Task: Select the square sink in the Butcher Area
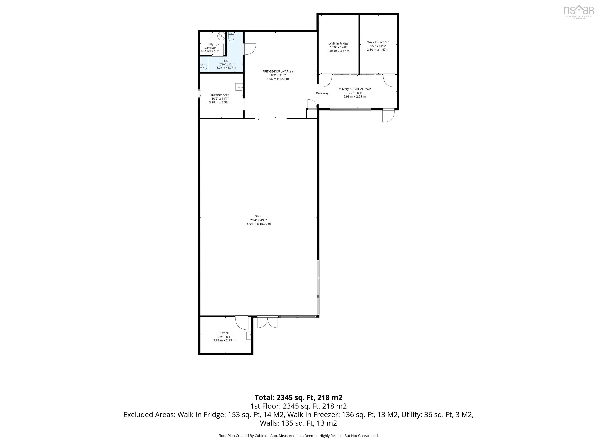pos(239,87)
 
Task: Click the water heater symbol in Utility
pos(221,36)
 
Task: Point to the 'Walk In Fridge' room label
pos(339,44)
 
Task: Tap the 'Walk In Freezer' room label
pos(378,42)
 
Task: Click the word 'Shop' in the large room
pos(258,216)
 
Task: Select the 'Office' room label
pos(224,333)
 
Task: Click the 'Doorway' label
pos(322,93)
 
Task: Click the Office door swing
pos(242,323)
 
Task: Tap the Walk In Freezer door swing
pos(389,80)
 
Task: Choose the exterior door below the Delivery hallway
pos(388,115)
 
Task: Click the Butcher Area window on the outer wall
pos(199,94)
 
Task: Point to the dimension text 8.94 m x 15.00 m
pos(258,224)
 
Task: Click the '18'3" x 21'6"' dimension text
pos(278,75)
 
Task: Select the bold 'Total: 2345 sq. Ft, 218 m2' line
pos(298,397)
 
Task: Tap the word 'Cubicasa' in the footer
pos(261,436)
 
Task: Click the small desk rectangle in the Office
pos(249,336)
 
